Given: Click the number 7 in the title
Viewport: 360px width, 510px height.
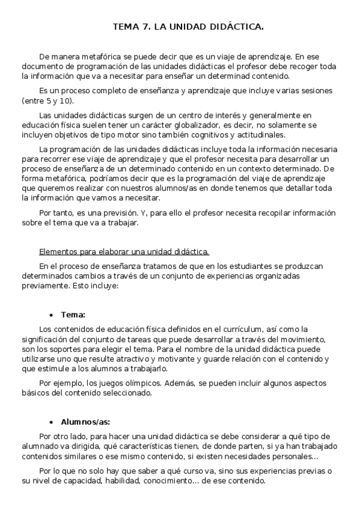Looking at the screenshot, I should (x=147, y=27).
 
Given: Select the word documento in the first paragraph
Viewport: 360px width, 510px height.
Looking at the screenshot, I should (x=43, y=66).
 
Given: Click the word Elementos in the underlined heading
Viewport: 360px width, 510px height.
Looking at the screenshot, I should (x=58, y=251).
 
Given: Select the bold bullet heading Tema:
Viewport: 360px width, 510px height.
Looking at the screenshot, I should (x=73, y=315).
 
